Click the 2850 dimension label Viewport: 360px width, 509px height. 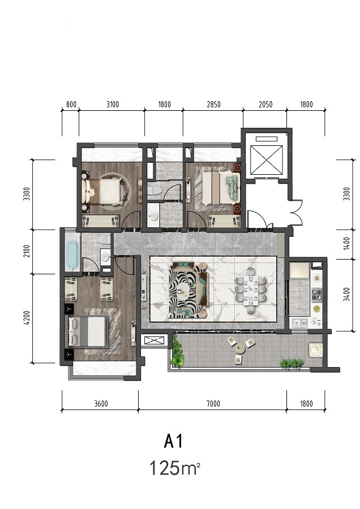[213, 104]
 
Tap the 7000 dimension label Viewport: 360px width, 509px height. [213, 403]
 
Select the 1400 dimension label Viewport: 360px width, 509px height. [346, 243]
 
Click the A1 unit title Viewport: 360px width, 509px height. [174, 441]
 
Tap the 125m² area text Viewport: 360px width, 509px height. [174, 468]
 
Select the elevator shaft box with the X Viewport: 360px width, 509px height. [267, 159]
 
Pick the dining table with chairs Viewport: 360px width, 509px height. [251, 290]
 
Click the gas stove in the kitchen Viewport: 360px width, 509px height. [316, 294]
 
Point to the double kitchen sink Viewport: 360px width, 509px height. [299, 322]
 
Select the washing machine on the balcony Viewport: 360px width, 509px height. [315, 350]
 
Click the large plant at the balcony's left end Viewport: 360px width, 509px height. [177, 352]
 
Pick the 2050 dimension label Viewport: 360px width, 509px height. [265, 104]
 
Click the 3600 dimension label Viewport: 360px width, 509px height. [101, 403]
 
